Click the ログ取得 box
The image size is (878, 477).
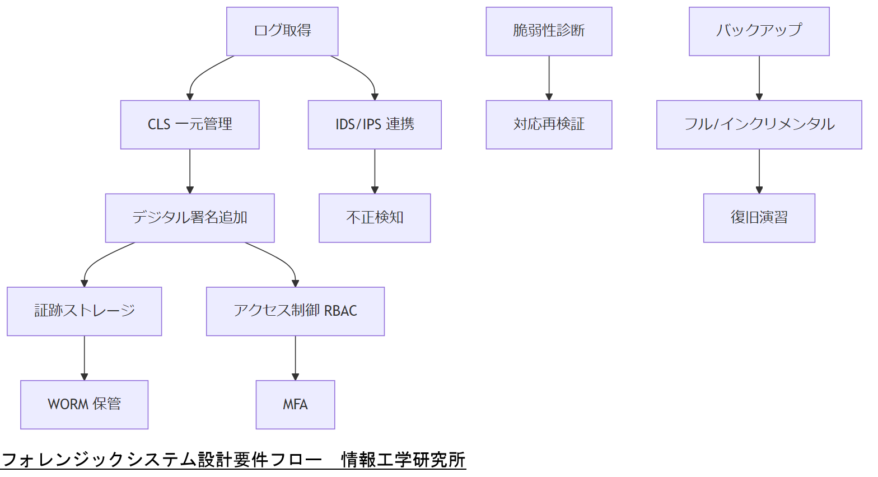click(282, 31)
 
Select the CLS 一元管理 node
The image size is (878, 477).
click(190, 125)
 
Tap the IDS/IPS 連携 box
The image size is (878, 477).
click(375, 125)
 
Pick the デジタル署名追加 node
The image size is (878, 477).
click(190, 218)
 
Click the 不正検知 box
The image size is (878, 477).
click(375, 218)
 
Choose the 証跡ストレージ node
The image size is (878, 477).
click(85, 311)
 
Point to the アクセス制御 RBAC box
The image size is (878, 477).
click(295, 311)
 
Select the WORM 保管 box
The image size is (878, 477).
click(85, 405)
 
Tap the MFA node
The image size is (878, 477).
click(295, 405)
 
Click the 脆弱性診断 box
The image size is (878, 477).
click(549, 31)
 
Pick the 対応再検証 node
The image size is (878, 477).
click(549, 125)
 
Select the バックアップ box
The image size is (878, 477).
click(759, 31)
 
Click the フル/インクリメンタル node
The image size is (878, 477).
click(759, 125)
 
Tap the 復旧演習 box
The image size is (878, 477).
click(759, 218)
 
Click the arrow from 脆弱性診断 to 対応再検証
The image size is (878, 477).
click(549, 78)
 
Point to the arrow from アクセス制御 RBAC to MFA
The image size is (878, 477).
click(295, 358)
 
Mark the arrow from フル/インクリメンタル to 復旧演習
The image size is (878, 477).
click(759, 171)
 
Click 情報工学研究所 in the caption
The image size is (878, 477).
click(403, 460)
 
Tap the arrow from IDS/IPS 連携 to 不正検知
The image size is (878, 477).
click(375, 171)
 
